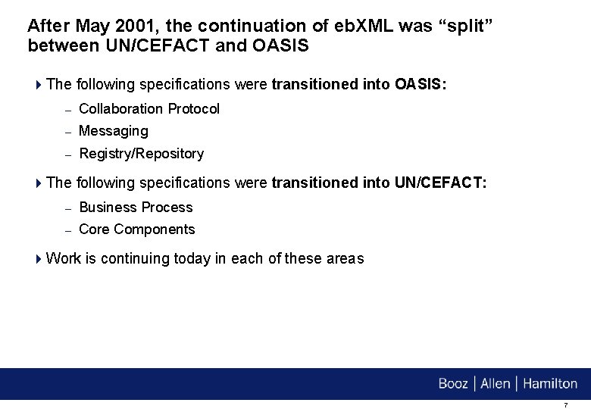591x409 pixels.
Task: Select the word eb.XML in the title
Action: pos(361,25)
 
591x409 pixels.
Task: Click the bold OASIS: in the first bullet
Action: pos(421,84)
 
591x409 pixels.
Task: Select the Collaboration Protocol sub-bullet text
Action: pos(149,108)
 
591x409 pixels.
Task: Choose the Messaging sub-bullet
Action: pos(114,131)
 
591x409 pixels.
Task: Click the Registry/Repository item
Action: pos(142,154)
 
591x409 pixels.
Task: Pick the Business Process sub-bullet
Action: pos(136,207)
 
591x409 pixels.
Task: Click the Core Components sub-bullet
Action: pos(137,229)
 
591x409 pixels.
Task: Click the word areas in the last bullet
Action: pos(345,258)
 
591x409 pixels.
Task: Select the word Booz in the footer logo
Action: pos(453,383)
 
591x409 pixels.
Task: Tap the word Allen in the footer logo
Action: pos(496,383)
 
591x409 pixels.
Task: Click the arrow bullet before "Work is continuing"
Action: pos(39,259)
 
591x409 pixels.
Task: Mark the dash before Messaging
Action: pos(67,132)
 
